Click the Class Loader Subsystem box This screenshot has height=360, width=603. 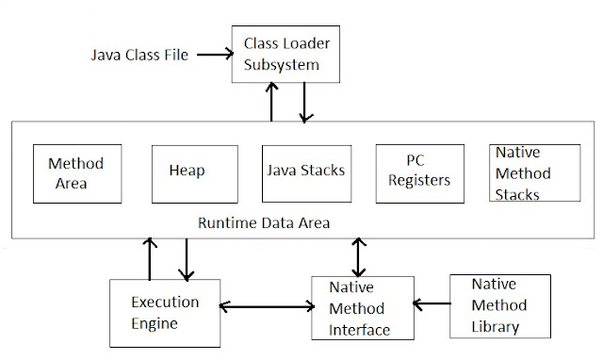(x=281, y=53)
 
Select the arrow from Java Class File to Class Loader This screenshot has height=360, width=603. (x=213, y=55)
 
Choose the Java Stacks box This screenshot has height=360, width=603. (x=303, y=172)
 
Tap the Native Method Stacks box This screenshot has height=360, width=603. (x=527, y=172)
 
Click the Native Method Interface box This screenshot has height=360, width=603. (x=362, y=307)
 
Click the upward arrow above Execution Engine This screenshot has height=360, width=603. (x=148, y=256)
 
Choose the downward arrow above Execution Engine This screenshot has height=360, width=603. (x=186, y=258)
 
